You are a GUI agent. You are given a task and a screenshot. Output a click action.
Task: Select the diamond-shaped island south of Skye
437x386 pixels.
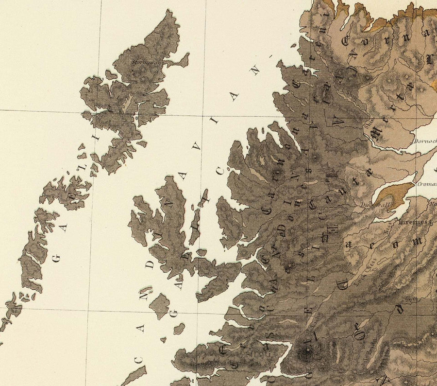click(x=159, y=305)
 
